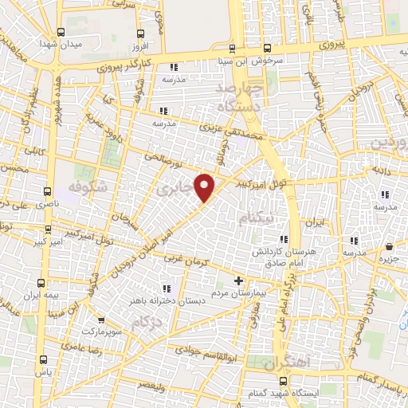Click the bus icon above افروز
pos(141,33)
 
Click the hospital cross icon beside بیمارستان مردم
pos(238,281)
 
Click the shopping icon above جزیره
pos(388,247)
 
